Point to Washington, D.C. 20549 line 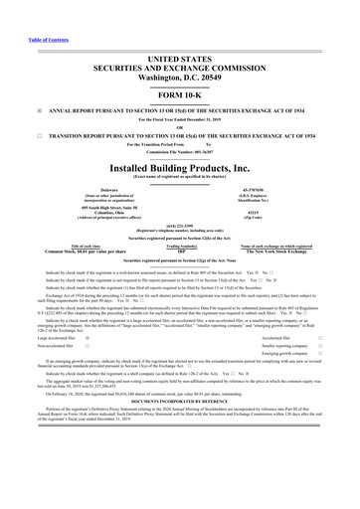pos(180,47)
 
